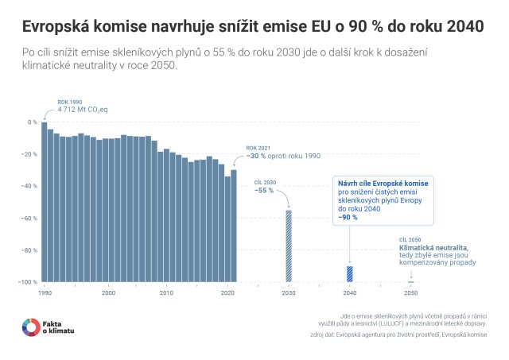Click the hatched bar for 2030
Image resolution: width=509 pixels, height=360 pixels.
(x=289, y=246)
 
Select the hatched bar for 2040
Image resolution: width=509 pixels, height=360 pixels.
(x=349, y=273)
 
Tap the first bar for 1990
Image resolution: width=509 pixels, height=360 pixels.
(x=45, y=203)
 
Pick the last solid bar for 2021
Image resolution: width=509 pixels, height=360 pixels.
(x=234, y=226)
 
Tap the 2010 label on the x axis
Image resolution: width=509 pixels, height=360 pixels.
(x=167, y=293)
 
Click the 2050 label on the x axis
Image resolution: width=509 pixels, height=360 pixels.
(x=410, y=293)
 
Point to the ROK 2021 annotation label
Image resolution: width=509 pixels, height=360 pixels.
(x=258, y=149)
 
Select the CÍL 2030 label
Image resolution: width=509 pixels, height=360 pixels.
(x=265, y=182)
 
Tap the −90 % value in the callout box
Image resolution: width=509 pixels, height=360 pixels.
(x=348, y=217)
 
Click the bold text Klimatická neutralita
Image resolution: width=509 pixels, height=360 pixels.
(x=433, y=247)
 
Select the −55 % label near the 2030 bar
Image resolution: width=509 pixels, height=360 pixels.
(x=264, y=191)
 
